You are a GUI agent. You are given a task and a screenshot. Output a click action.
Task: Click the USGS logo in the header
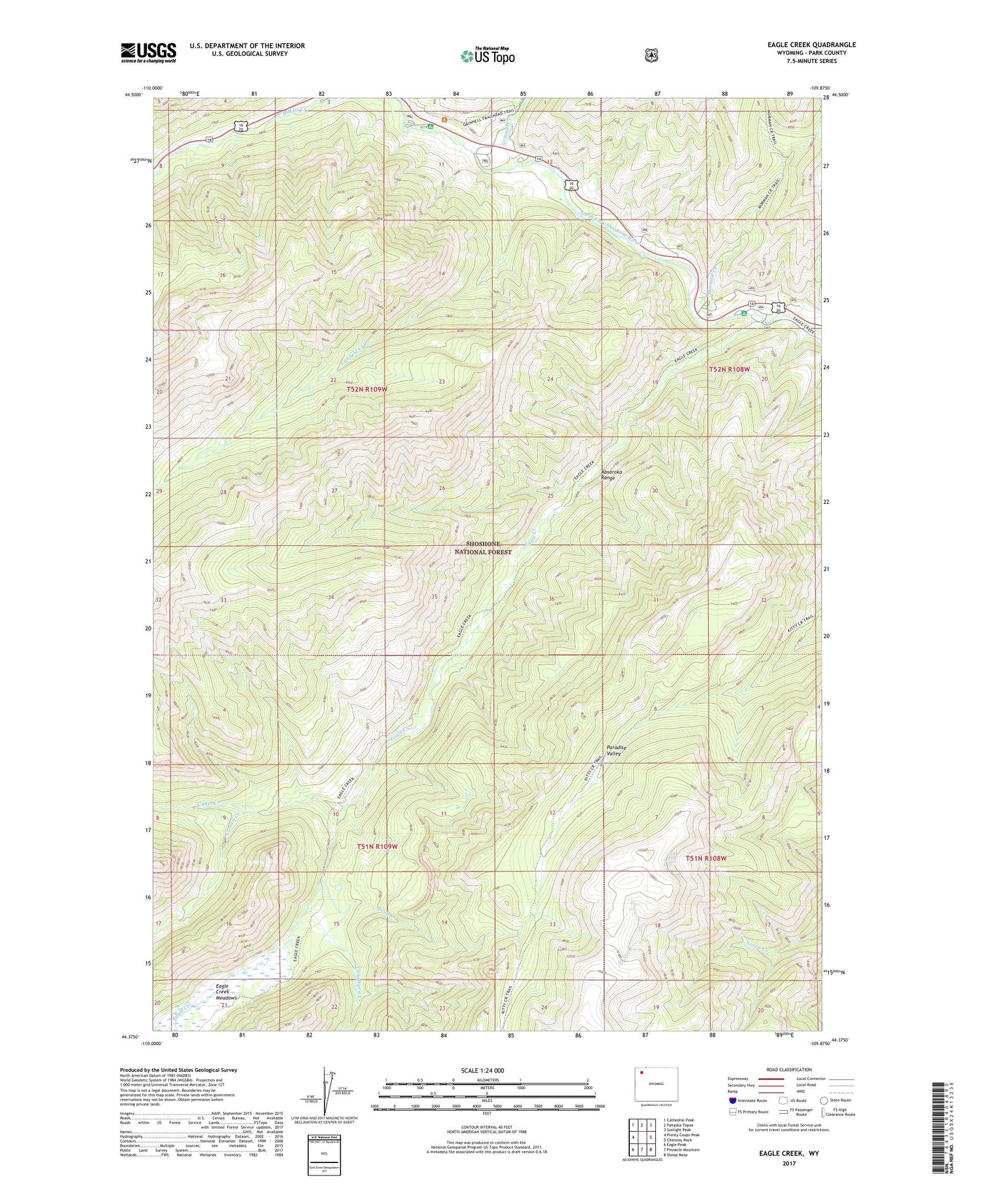coord(148,52)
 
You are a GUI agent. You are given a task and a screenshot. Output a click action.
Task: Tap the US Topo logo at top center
coord(488,56)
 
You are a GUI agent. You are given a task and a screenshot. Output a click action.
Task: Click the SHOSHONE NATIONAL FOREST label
coord(483,548)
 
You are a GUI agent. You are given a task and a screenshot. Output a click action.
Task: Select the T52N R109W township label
coord(367,389)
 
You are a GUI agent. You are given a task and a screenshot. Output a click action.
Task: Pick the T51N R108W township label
coord(706,858)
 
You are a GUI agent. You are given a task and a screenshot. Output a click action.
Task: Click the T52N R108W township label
coord(729,370)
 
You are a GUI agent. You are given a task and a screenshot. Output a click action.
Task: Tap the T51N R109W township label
coord(377,847)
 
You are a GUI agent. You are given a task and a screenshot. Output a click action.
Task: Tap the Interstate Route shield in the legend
coord(732,1100)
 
